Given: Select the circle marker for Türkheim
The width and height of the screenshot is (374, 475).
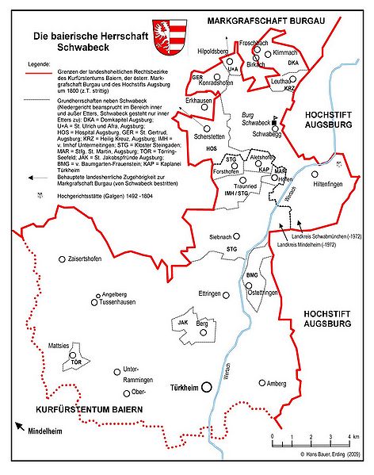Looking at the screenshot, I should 207,388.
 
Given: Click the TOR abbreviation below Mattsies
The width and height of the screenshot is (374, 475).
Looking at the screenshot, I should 76,362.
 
